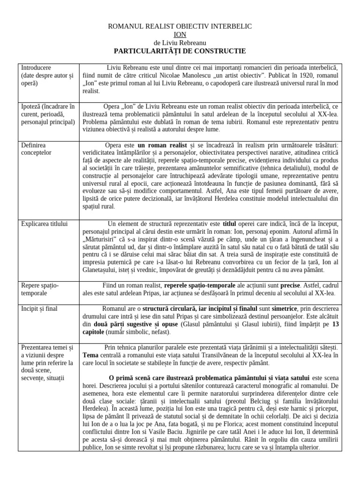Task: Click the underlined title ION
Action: (180, 34)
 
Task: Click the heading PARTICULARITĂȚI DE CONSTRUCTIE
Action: (180, 51)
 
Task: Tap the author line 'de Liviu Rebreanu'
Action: (180, 43)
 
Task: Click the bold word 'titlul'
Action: (229, 224)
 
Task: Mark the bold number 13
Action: (336, 324)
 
